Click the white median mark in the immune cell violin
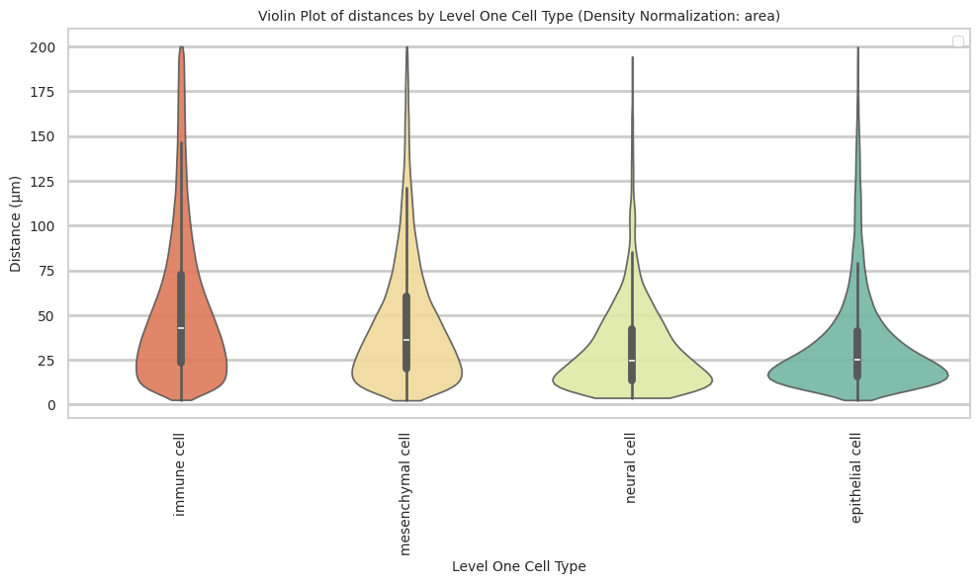point(181,328)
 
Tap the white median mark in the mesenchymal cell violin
point(406,340)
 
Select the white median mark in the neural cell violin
point(632,360)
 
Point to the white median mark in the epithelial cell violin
point(857,360)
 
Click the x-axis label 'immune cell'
point(180,474)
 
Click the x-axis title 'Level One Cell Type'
point(518,567)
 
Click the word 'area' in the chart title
point(761,16)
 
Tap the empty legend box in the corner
point(957,42)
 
